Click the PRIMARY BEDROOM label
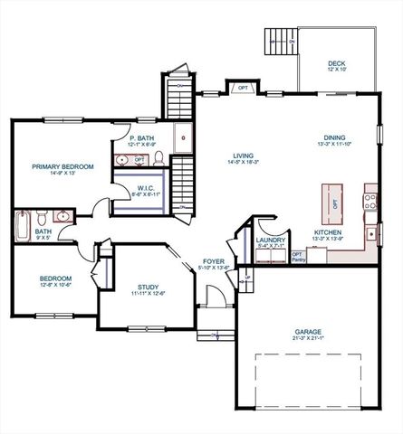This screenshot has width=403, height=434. (64, 166)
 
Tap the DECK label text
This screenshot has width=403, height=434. (336, 64)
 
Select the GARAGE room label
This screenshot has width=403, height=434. (308, 332)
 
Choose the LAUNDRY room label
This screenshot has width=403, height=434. (271, 240)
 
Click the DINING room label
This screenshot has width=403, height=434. (333, 137)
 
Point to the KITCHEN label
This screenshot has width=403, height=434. (327, 232)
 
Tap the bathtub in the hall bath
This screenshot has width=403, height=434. (23, 222)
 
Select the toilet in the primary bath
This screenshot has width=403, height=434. (158, 160)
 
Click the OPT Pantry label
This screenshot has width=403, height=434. (297, 257)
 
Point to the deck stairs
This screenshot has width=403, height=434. (279, 42)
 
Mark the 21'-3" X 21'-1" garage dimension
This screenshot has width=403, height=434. (308, 339)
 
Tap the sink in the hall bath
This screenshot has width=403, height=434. (62, 217)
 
